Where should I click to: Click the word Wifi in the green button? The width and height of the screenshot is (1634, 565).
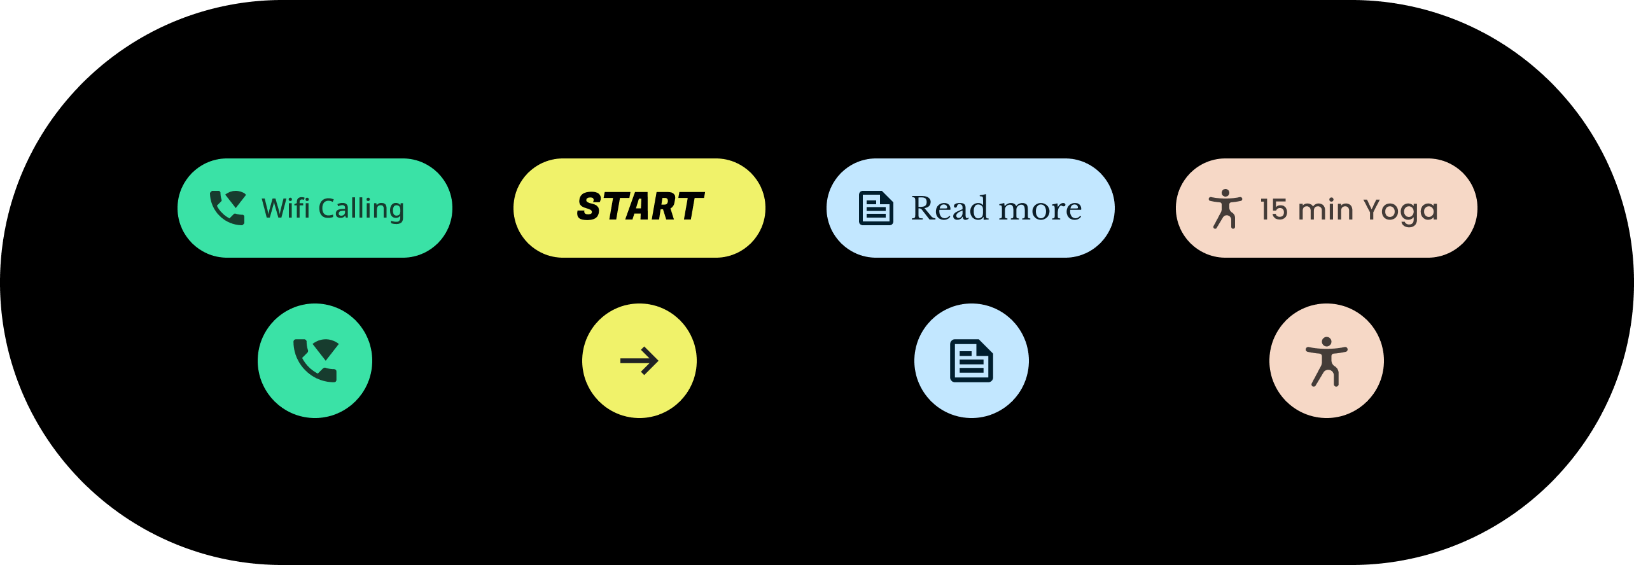(x=286, y=208)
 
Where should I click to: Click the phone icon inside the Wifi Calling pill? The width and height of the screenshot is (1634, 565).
(x=228, y=207)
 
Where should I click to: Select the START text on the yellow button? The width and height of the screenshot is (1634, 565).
(x=640, y=207)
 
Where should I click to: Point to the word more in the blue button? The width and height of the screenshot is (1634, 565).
(x=1040, y=210)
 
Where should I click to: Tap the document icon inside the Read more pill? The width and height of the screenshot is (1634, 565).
(x=876, y=208)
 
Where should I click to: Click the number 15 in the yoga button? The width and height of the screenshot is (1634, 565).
(x=1274, y=209)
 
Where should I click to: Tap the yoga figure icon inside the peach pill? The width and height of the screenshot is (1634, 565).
(x=1225, y=209)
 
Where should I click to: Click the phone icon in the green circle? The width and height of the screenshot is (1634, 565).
(x=316, y=361)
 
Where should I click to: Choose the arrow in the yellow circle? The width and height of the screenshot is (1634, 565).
(x=639, y=361)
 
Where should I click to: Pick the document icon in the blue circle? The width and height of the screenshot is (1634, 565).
(x=972, y=361)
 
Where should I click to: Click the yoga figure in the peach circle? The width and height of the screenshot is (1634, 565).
(x=1327, y=361)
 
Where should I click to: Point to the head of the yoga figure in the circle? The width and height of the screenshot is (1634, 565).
(x=1327, y=342)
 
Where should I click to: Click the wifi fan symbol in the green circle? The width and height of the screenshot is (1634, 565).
(x=326, y=349)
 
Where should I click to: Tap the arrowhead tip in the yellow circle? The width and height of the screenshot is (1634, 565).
(x=658, y=361)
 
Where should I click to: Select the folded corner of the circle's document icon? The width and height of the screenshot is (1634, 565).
(x=986, y=347)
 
